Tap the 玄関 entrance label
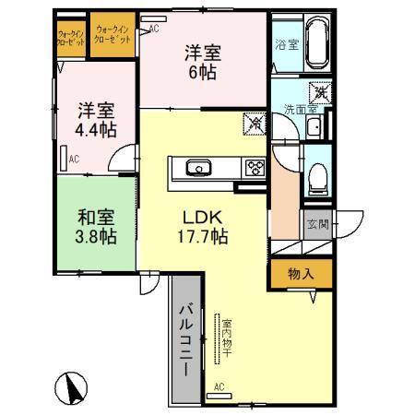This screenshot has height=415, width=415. tap(316, 225)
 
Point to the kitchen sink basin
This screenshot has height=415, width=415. tap(199, 168)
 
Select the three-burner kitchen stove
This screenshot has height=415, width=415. tap(253, 167)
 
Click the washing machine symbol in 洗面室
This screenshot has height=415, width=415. tap(320, 92)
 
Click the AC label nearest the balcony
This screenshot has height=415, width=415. tap(219, 387)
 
